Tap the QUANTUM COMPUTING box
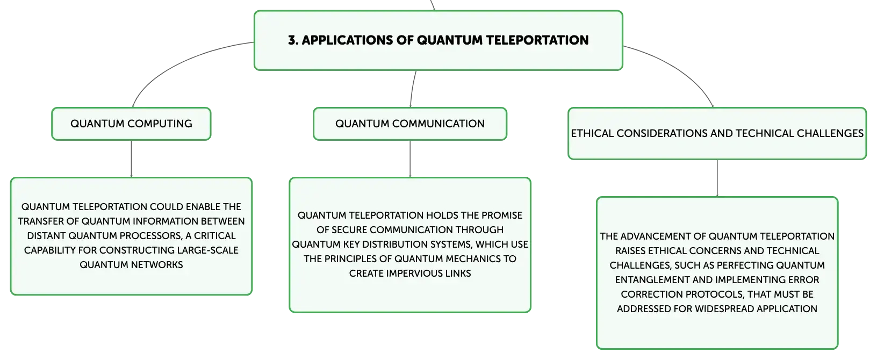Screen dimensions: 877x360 pos(131,124)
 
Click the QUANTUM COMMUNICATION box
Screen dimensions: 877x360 pos(410,124)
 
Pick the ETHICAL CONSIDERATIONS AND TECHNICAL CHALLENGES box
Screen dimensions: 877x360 pos(717,133)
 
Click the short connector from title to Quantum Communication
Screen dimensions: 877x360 pos(412,89)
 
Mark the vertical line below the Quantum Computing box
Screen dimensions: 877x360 pos(131,159)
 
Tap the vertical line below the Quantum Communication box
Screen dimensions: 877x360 pos(410,159)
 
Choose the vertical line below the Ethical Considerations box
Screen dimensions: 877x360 pos(717,178)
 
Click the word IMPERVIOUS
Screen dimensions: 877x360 pos(416,273)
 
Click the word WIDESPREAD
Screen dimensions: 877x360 pos(724,309)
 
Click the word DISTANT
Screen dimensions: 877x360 pos(46,235)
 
